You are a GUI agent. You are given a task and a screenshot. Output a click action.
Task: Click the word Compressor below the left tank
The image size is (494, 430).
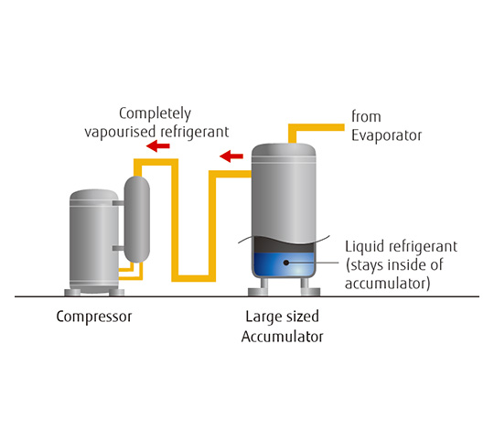click(94, 317)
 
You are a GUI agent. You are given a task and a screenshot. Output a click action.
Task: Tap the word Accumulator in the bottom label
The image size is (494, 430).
click(283, 337)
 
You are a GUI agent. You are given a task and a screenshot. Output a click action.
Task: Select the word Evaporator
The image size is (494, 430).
click(387, 135)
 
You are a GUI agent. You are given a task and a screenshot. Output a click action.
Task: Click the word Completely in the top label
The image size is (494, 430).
click(155, 114)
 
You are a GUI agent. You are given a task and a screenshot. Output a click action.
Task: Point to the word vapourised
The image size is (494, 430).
click(120, 132)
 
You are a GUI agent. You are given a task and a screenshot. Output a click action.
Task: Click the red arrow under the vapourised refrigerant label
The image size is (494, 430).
click(158, 145)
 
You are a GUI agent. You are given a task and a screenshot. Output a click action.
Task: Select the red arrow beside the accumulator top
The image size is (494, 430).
click(231, 156)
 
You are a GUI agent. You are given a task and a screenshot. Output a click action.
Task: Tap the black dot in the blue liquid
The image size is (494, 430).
click(286, 263)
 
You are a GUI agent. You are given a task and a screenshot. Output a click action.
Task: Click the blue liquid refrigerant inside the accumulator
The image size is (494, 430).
click(284, 264)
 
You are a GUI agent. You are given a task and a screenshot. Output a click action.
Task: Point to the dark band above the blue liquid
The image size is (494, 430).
click(284, 245)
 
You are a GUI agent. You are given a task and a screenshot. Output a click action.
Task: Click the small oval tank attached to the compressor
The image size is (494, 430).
click(136, 220)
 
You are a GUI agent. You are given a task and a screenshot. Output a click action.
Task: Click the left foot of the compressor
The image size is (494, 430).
click(72, 293)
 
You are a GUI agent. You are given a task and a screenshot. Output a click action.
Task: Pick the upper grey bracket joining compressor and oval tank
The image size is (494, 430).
click(118, 203)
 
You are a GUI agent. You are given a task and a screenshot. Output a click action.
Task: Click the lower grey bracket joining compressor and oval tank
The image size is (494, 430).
click(118, 248)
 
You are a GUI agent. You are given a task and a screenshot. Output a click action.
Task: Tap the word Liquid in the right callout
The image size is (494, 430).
click(364, 247)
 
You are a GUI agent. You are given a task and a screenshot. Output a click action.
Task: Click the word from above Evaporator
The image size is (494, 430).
click(366, 116)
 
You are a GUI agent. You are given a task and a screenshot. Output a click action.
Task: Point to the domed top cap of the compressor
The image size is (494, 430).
click(94, 195)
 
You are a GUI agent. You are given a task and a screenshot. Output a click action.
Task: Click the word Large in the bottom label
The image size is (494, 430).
click(263, 317)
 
